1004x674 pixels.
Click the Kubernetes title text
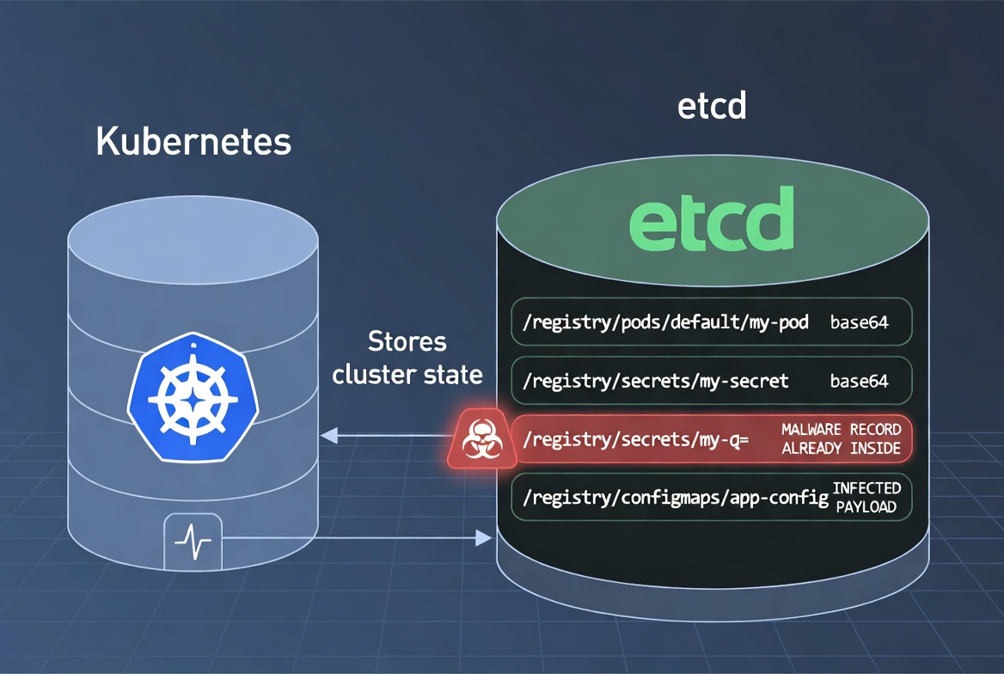(x=193, y=142)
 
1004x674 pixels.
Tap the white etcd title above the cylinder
(x=712, y=107)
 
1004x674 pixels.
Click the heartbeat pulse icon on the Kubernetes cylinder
(x=193, y=541)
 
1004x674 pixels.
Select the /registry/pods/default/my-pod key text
(x=667, y=323)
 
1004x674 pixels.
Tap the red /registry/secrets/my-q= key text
(x=635, y=439)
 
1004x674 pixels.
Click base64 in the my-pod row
(x=859, y=323)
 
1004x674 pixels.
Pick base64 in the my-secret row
(x=859, y=381)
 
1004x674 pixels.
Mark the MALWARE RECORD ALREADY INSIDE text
(x=841, y=438)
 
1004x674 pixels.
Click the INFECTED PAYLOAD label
(x=866, y=497)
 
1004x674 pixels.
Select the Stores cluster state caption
(x=407, y=358)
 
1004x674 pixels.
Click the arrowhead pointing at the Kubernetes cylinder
(x=328, y=438)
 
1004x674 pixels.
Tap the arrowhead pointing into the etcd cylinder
(x=482, y=539)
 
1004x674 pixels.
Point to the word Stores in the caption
(x=407, y=341)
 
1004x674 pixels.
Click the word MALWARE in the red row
(x=811, y=429)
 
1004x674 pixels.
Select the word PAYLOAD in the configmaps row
(x=866, y=506)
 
